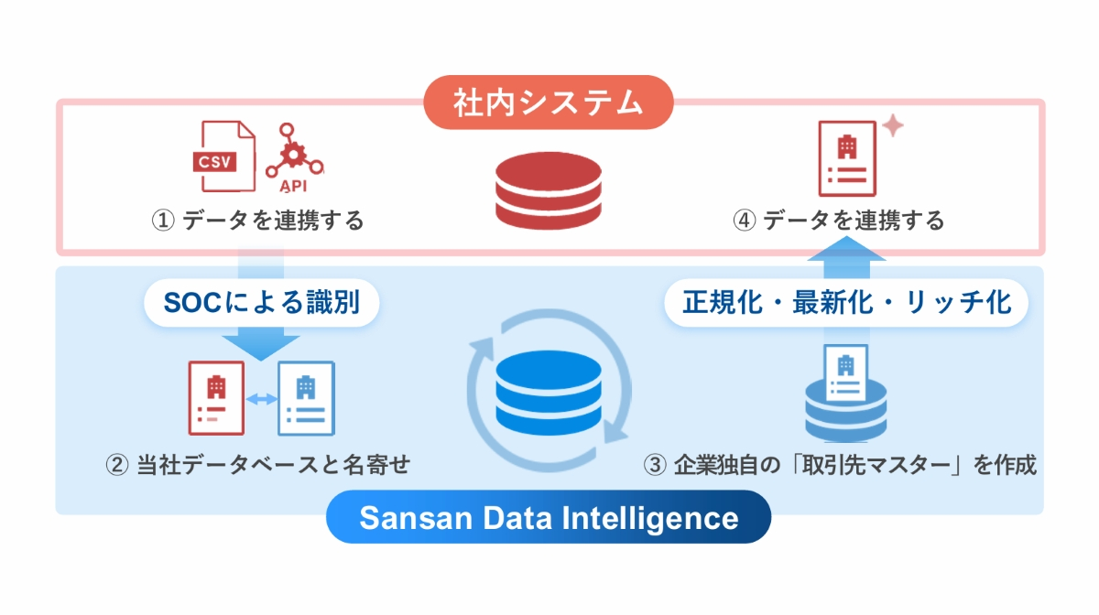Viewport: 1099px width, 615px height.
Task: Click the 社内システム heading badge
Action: click(549, 102)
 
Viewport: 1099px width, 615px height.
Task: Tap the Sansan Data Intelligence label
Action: click(549, 518)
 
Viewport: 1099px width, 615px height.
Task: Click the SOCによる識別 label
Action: click(262, 302)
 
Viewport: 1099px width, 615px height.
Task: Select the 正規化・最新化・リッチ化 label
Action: click(846, 302)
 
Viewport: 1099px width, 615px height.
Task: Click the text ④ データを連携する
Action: click(839, 221)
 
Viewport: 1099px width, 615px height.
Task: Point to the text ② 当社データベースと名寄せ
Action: click(258, 465)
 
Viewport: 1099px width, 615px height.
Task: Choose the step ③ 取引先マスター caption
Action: click(841, 465)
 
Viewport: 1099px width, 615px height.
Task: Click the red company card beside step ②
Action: click(216, 398)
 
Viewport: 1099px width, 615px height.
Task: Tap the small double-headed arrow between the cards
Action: click(261, 399)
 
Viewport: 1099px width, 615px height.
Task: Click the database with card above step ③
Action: click(846, 394)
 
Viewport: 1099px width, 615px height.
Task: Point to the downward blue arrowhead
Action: click(261, 345)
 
